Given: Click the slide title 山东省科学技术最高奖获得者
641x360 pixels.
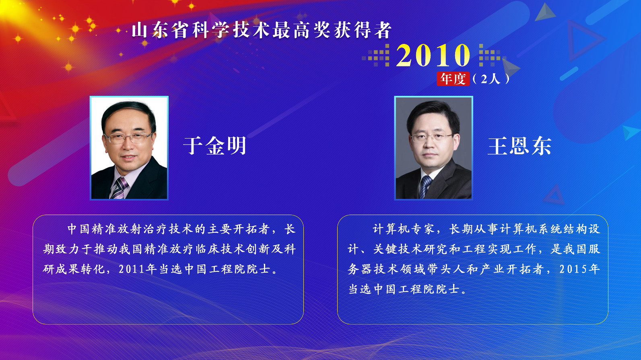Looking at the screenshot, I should (262, 30).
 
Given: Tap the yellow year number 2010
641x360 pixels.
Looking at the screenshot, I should (433, 55).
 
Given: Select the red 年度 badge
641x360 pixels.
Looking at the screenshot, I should (453, 79).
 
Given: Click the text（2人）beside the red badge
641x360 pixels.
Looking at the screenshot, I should (491, 79).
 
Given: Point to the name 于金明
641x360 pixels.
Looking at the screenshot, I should (214, 145).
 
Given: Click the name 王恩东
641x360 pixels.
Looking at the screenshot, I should (519, 145).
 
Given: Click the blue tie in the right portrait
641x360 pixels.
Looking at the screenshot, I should (425, 186).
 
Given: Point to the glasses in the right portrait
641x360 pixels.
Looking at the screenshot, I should (431, 138).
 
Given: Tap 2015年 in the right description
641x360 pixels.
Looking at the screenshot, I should (579, 269).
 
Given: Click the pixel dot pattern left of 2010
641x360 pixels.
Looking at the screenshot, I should (376, 56).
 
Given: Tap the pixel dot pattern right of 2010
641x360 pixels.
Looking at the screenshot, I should (489, 56).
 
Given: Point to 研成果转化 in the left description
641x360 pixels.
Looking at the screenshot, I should (74, 269).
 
